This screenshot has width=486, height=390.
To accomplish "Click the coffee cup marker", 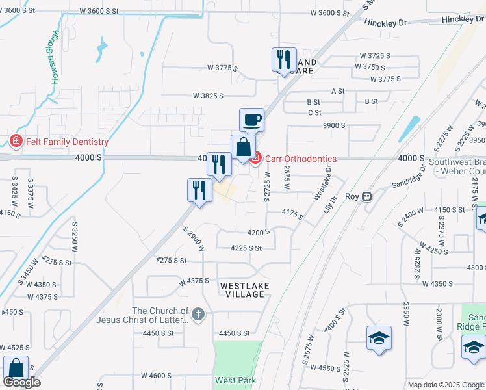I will pos(251,120).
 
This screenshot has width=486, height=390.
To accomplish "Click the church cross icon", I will pos(199,315).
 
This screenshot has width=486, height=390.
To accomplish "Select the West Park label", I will pos(236,380).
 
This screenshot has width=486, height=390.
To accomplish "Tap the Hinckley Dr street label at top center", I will pos(385,23).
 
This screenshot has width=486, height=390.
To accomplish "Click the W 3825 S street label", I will pos(208,96).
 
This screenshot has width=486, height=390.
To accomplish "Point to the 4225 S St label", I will pos(246,248).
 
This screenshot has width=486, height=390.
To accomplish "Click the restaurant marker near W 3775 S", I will pos(284,60).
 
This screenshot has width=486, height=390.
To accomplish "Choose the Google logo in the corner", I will pos(21,382).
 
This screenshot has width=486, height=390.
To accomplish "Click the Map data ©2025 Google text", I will pos(446,385).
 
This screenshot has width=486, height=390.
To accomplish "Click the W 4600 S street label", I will pos(156,376).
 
